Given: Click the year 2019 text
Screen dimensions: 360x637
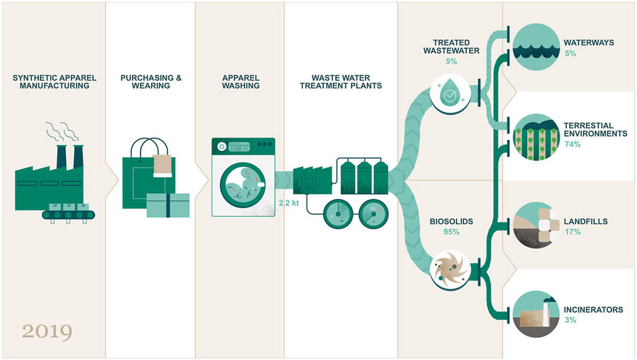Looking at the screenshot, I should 47,331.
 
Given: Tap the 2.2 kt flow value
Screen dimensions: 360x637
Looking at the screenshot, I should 289,203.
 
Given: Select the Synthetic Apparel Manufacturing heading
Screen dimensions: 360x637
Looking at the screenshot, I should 54,81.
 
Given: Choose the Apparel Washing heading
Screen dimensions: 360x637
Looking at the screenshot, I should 241,81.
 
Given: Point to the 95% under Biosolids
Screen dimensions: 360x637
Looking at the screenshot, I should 452,232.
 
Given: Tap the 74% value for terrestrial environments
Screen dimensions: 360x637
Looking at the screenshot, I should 572,144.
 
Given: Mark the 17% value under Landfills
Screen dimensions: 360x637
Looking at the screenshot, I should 572,232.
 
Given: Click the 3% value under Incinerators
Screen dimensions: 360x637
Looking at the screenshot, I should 570,320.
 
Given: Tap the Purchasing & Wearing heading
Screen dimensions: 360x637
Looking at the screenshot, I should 151,81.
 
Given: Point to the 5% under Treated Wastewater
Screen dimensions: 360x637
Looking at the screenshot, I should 452,62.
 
